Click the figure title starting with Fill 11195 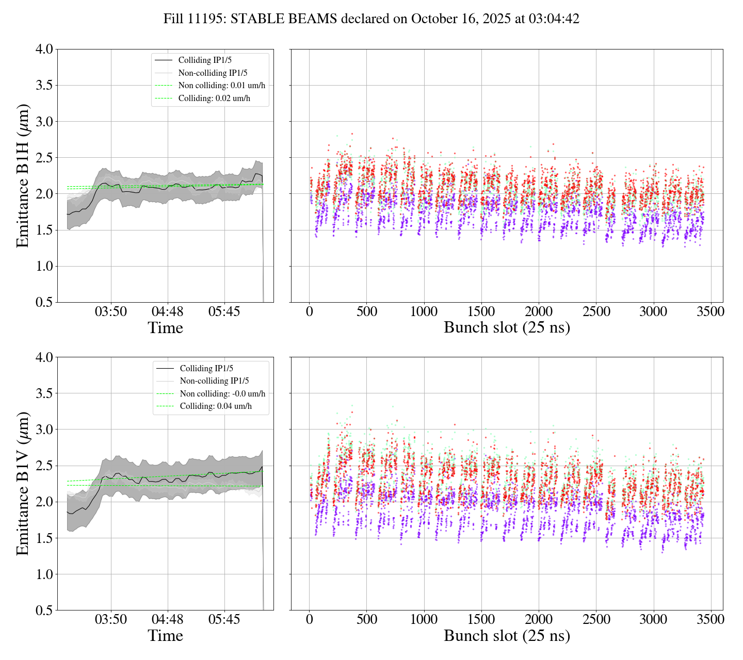pyautogui.click(x=371, y=19)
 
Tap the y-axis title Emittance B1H pyautogui.click(x=23, y=176)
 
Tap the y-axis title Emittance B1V pyautogui.click(x=23, y=484)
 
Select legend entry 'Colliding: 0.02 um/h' pyautogui.click(x=214, y=98)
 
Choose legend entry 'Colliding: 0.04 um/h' pyautogui.click(x=216, y=406)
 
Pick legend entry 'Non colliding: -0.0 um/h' pyautogui.click(x=222, y=393)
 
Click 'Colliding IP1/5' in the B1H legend pyautogui.click(x=205, y=60)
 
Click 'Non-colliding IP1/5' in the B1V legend pyautogui.click(x=214, y=381)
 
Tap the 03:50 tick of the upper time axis pyautogui.click(x=111, y=312)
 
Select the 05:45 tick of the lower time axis pyautogui.click(x=224, y=620)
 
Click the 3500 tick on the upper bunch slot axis pyautogui.click(x=710, y=312)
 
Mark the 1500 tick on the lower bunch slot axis pyautogui.click(x=481, y=620)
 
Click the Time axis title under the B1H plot pyautogui.click(x=165, y=328)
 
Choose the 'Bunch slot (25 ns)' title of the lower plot pyautogui.click(x=507, y=636)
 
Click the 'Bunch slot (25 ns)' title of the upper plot pyautogui.click(x=507, y=328)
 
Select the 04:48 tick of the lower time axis pyautogui.click(x=167, y=620)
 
